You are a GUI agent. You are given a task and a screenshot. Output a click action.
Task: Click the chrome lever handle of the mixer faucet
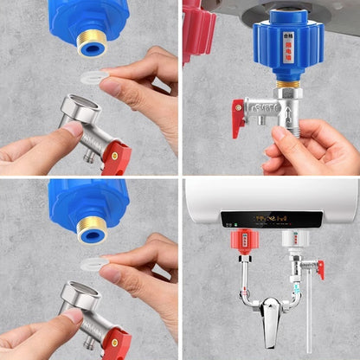(x=273, y=309)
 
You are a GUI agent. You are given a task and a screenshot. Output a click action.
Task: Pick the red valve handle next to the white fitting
(x=319, y=269)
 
